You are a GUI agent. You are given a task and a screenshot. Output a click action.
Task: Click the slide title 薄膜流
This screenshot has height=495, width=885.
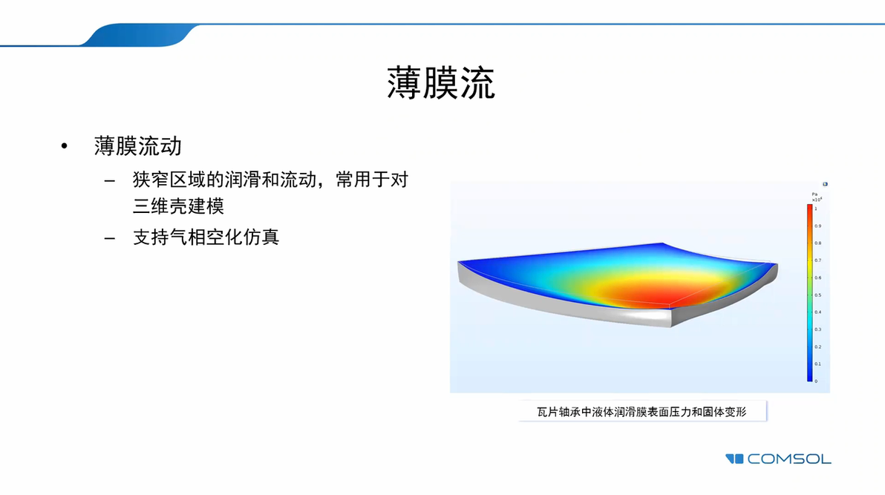click(x=440, y=83)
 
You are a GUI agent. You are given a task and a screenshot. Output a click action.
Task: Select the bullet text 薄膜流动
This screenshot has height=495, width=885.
click(x=138, y=145)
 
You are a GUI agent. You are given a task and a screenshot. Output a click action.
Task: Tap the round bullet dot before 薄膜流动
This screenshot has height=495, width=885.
click(x=65, y=146)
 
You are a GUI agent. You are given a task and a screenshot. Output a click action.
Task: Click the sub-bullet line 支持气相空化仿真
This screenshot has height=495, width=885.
click(x=206, y=237)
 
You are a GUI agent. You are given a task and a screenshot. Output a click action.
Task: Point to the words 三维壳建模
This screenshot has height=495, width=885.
click(x=178, y=206)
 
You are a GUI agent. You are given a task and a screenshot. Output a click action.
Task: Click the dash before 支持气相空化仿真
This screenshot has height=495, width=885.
click(x=110, y=238)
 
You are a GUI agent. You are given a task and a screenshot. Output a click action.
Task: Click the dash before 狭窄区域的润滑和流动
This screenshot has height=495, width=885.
click(x=110, y=181)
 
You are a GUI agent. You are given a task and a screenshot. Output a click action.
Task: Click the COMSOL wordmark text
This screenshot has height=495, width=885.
click(x=789, y=459)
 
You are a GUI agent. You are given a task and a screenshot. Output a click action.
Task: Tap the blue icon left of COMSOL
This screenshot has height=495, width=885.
click(x=734, y=459)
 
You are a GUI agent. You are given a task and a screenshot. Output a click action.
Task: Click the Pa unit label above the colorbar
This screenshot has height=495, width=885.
click(x=814, y=194)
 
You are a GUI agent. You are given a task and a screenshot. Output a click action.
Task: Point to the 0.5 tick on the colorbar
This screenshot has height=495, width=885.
click(x=817, y=295)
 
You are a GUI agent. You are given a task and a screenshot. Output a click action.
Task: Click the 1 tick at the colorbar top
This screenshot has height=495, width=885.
click(x=816, y=209)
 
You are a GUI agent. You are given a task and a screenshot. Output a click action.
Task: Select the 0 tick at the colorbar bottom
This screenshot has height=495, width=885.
click(x=816, y=381)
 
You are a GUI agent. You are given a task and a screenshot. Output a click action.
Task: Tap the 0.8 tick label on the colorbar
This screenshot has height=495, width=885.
click(x=817, y=243)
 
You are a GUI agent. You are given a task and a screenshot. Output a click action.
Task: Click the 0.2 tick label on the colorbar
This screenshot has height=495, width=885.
click(x=817, y=347)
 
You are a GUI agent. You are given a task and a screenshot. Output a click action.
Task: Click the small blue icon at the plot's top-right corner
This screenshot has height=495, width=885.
click(x=825, y=184)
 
